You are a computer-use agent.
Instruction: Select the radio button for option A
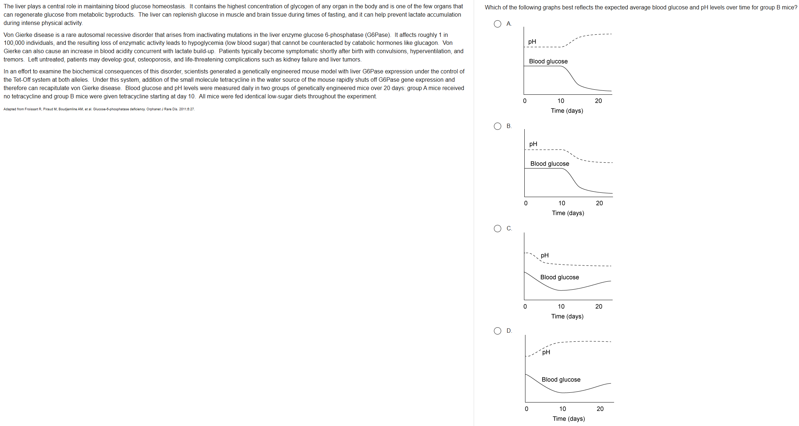(498, 24)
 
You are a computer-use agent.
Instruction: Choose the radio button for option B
(498, 126)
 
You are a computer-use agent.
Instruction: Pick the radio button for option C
(498, 229)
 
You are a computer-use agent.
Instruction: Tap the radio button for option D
(498, 331)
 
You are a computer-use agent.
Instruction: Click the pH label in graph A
(532, 42)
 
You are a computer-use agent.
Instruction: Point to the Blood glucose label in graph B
(549, 164)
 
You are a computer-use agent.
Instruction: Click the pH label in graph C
(545, 255)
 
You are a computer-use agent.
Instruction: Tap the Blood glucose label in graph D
(561, 380)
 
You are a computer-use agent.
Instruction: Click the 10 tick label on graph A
(561, 101)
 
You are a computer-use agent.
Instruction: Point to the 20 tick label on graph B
(599, 203)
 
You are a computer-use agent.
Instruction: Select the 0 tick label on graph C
(525, 307)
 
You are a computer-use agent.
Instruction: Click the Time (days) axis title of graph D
(568, 419)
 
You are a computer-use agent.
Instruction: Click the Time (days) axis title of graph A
(567, 111)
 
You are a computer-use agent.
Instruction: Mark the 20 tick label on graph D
(600, 409)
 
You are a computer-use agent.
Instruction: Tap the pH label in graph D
(546, 352)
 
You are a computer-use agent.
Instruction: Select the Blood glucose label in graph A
(548, 61)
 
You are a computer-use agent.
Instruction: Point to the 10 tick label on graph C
(561, 307)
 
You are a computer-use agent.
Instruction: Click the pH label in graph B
(533, 144)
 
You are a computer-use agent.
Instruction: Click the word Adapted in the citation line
(10, 109)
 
